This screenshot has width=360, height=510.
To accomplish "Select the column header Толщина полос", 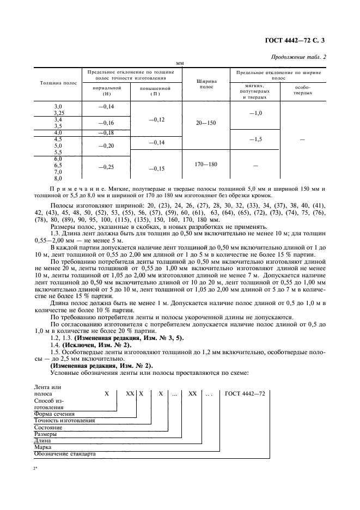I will point(58,83).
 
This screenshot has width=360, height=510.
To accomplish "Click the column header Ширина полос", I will point(206,83).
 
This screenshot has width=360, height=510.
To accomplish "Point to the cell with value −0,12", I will point(155,119).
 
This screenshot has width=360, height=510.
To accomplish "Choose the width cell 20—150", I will point(206,123).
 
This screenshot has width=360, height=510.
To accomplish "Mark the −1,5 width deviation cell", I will point(255,139).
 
